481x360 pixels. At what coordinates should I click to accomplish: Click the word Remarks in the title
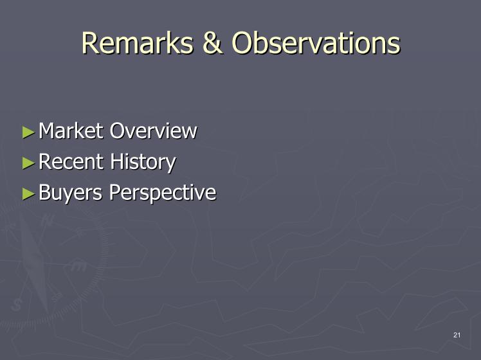(x=138, y=43)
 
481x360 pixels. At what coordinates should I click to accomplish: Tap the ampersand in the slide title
(x=212, y=43)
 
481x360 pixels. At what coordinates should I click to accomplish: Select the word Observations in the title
(x=316, y=43)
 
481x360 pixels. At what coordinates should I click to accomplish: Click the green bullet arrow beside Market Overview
(x=28, y=132)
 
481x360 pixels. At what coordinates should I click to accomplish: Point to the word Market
(x=71, y=131)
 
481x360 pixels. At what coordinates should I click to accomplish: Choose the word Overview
(x=154, y=131)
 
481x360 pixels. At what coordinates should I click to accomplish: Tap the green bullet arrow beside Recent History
(x=28, y=163)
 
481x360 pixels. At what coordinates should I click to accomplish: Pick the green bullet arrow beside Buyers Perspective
(x=28, y=194)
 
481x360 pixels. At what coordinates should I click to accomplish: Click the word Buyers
(x=70, y=194)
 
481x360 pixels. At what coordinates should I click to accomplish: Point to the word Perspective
(x=163, y=194)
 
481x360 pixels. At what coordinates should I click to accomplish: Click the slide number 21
(x=457, y=335)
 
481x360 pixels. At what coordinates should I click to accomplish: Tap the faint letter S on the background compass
(x=16, y=305)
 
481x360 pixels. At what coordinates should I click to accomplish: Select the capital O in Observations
(x=244, y=43)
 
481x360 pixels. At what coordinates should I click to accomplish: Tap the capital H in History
(x=117, y=161)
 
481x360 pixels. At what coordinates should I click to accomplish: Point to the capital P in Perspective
(x=115, y=192)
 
